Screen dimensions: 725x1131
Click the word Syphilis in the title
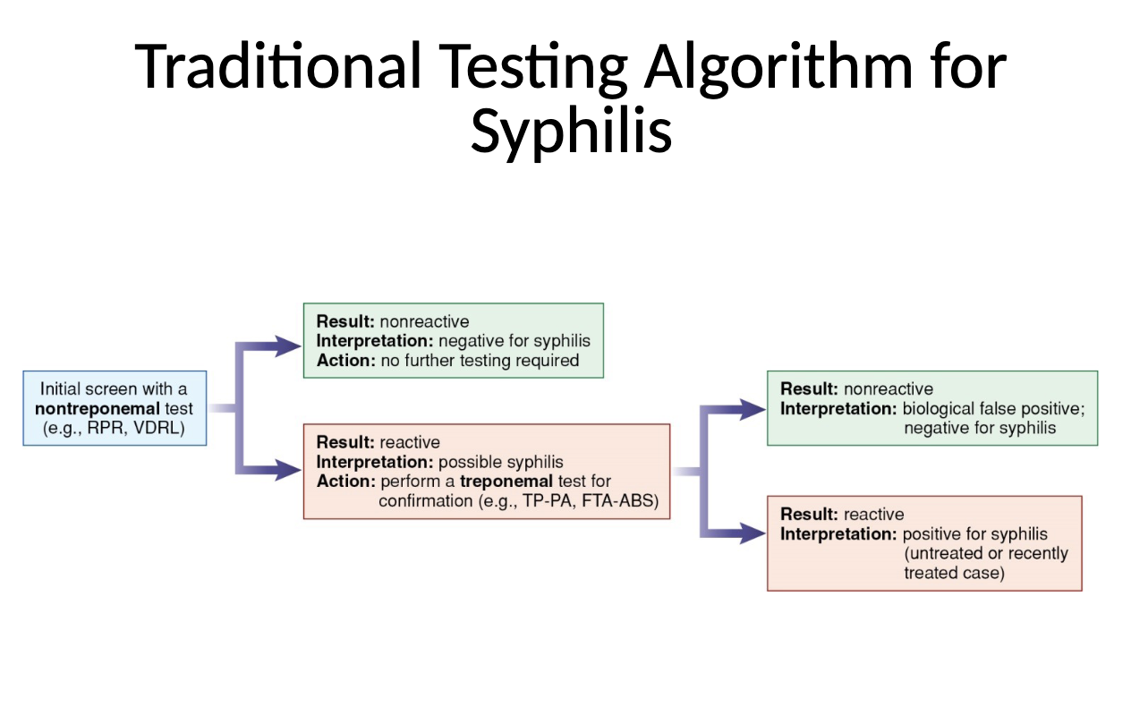click(571, 132)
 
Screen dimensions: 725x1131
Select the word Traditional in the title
click(278, 66)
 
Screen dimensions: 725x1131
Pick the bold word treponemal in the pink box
click(506, 482)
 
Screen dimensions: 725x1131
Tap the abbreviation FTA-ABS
click(619, 501)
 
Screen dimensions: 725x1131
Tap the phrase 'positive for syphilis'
click(974, 534)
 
